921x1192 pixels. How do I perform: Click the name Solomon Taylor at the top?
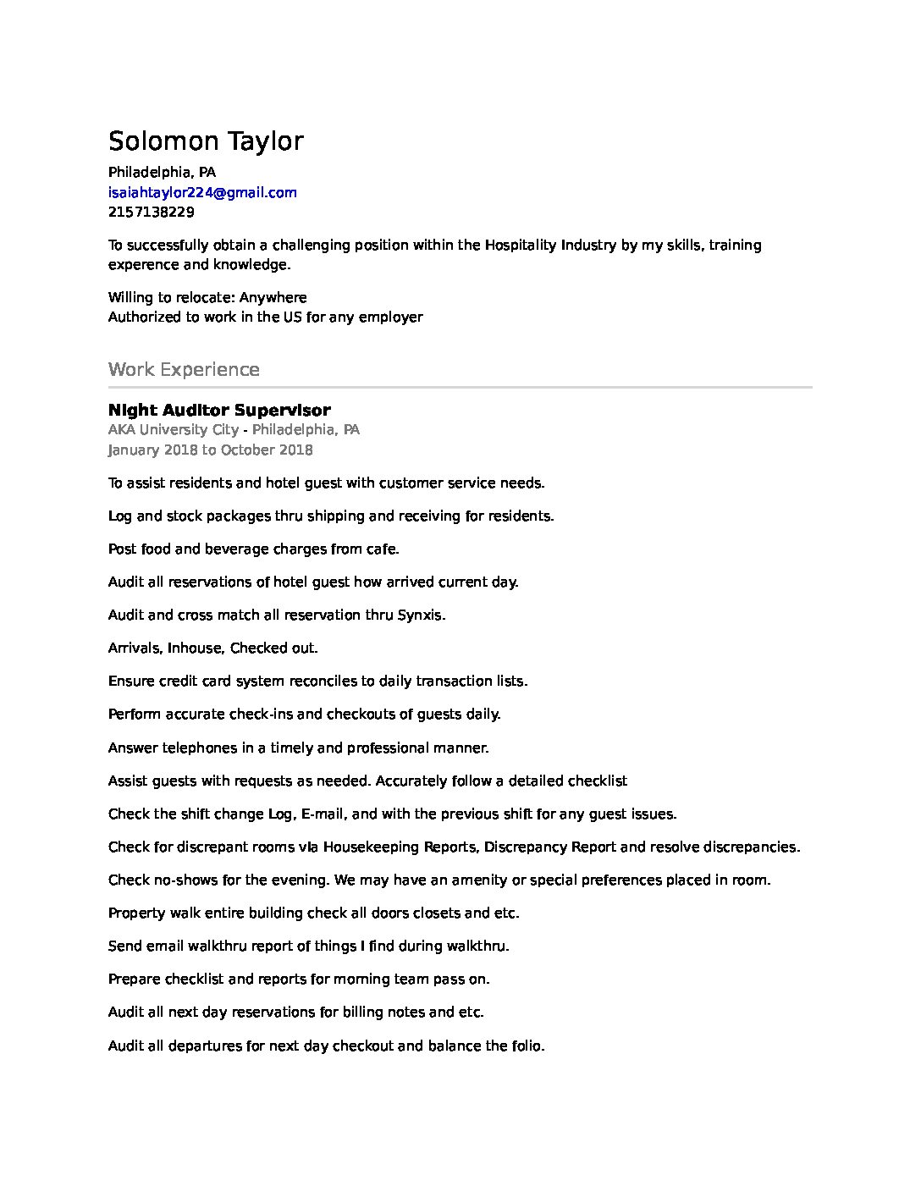tap(206, 141)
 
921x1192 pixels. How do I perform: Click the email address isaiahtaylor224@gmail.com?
tap(202, 192)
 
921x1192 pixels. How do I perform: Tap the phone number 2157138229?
tap(151, 212)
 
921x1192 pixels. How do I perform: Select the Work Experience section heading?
tap(184, 369)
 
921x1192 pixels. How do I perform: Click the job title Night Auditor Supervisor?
tap(219, 411)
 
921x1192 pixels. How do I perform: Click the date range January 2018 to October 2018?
tap(210, 450)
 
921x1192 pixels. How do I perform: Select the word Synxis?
tap(421, 615)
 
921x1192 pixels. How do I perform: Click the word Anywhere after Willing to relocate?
tap(273, 297)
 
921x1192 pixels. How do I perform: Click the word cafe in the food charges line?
tap(382, 549)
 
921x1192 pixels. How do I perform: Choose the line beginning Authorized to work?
tap(265, 317)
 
